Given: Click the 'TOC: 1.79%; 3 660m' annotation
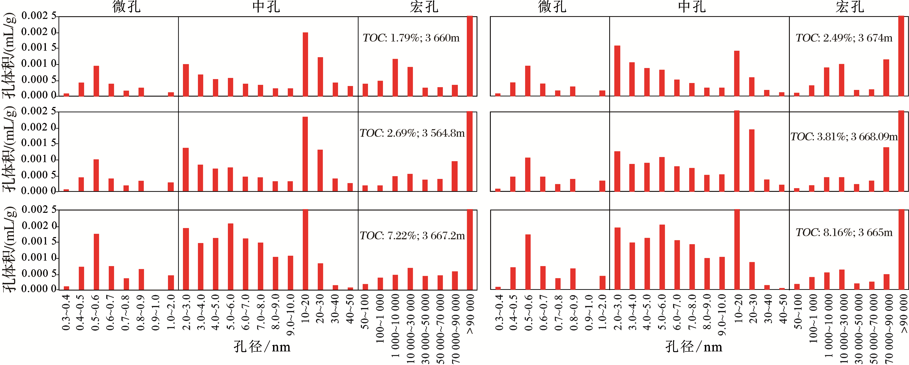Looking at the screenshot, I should (411, 38).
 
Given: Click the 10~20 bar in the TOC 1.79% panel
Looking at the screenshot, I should (305, 64).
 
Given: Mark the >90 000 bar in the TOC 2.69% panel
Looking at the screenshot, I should (470, 151).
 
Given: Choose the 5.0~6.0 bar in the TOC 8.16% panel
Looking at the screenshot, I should (662, 257).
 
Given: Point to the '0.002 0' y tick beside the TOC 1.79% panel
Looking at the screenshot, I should (39, 32).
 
